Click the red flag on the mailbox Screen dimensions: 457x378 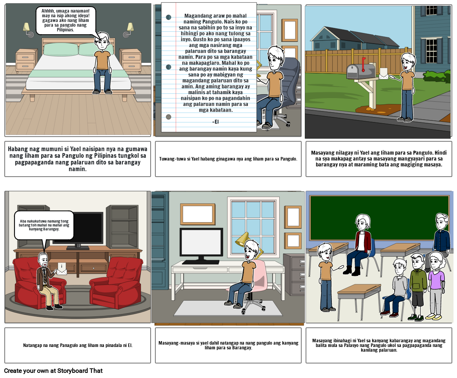363,64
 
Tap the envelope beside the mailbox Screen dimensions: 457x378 384,73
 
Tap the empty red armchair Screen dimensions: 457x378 116,283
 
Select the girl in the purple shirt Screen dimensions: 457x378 435,286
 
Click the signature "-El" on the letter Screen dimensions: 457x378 216,122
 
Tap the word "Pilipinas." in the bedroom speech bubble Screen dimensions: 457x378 65,30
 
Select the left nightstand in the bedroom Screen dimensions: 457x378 27,61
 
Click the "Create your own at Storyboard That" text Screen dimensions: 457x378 53,371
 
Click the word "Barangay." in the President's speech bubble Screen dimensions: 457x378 51,229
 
